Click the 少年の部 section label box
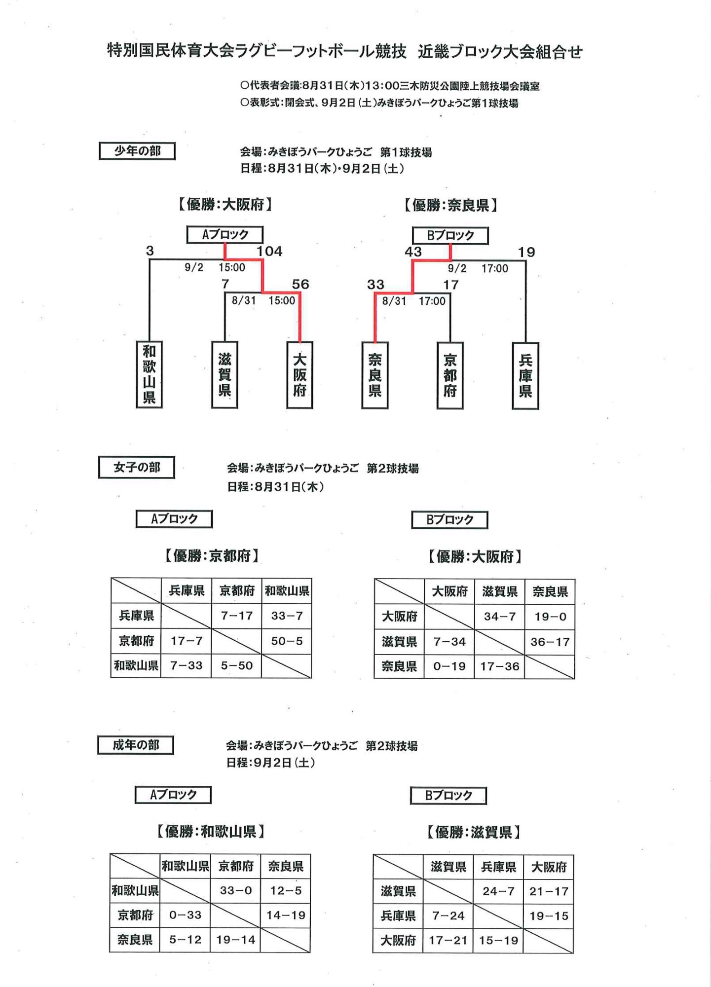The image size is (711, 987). (137, 151)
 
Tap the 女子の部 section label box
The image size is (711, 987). (137, 467)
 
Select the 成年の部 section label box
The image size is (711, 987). (136, 745)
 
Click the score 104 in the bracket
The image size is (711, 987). (269, 251)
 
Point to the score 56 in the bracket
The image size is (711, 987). (300, 284)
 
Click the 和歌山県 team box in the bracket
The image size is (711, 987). (149, 374)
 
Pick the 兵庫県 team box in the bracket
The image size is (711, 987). (525, 376)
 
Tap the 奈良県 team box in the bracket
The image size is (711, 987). (375, 375)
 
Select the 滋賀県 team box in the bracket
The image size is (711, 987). (225, 375)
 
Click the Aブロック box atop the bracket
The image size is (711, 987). (225, 235)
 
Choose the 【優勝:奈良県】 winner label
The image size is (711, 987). (450, 205)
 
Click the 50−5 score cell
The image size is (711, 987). (287, 641)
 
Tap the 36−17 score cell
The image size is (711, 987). (550, 642)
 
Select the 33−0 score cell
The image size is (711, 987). (236, 890)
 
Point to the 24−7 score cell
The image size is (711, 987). (498, 891)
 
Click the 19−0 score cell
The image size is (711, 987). (550, 617)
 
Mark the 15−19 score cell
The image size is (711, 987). (498, 941)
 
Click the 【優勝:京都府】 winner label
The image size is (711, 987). (212, 556)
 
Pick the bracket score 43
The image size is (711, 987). (413, 252)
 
